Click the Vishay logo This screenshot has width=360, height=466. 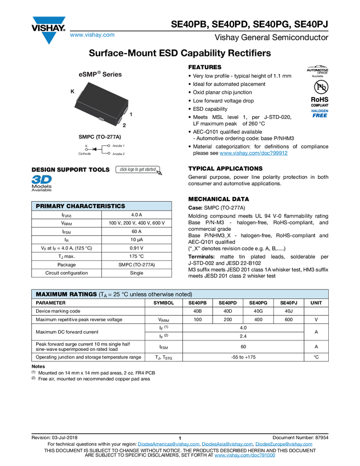tap(48, 29)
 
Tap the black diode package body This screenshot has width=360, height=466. tap(101, 103)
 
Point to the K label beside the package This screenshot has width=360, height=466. tap(72, 92)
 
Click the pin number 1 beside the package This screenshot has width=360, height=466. tap(131, 113)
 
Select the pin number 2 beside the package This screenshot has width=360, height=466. tap(124, 126)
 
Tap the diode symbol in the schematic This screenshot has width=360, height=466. tap(95, 149)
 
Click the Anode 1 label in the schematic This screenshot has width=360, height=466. tap(118, 145)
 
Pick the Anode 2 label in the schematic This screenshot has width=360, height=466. tap(118, 154)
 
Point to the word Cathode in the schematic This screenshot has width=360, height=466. tap(85, 154)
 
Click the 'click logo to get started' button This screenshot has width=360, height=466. tap(138, 170)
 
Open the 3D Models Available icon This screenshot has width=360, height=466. tap(42, 183)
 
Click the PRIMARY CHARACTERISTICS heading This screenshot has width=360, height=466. tap(80, 206)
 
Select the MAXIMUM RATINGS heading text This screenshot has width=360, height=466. tap(66, 294)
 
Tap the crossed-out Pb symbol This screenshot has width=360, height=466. tap(321, 88)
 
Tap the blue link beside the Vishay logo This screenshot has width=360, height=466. tap(92, 35)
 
